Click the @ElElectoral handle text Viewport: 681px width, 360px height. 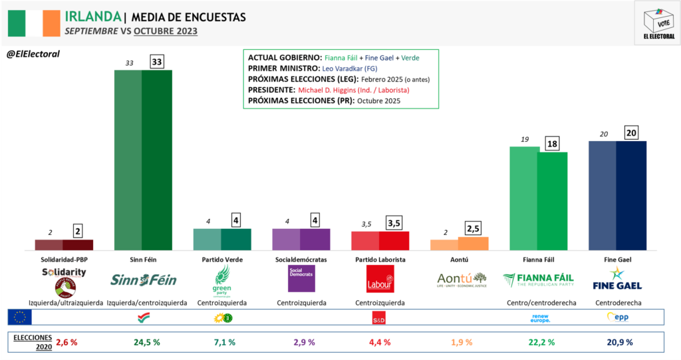pyautogui.click(x=33, y=54)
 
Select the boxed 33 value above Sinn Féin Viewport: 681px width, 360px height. pyautogui.click(x=157, y=62)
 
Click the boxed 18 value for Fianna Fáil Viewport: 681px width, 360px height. pyautogui.click(x=552, y=144)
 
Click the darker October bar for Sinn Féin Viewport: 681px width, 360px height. pyautogui.click(x=157, y=160)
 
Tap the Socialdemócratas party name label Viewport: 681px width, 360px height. pyautogui.click(x=300, y=260)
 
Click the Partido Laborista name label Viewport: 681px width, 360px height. pyautogui.click(x=379, y=260)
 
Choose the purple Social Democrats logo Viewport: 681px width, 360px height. pyautogui.click(x=301, y=279)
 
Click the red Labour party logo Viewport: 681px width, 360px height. pyautogui.click(x=380, y=279)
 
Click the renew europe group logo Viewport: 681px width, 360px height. pyautogui.click(x=538, y=317)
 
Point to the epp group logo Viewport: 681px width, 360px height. pyautogui.click(x=617, y=317)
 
